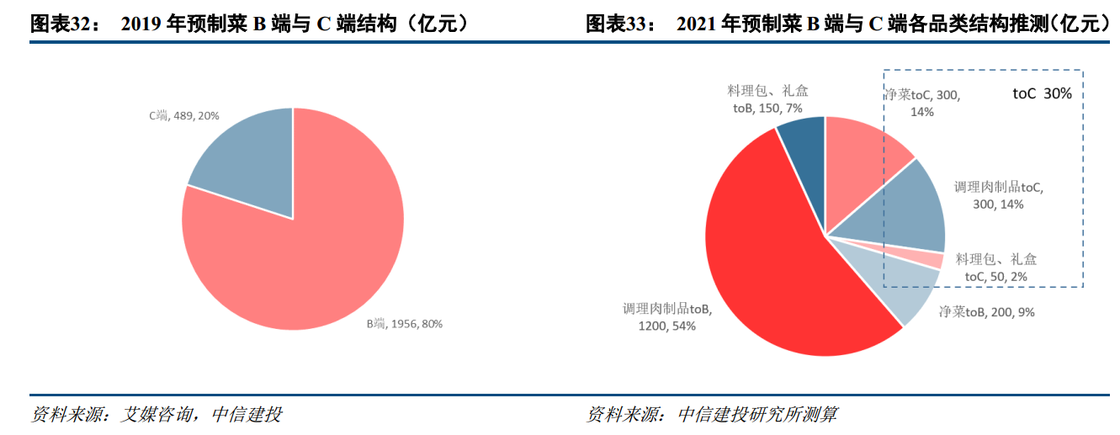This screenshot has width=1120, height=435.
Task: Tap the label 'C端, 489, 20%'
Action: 184,115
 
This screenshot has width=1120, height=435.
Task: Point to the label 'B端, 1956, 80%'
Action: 403,323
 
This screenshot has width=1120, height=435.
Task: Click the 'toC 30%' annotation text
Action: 1042,94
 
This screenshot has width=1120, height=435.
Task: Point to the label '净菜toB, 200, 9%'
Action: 986,312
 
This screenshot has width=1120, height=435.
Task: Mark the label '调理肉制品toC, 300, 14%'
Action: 1003,195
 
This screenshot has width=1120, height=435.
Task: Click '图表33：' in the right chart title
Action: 620,24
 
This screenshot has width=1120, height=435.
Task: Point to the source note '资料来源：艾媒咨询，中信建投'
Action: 156,415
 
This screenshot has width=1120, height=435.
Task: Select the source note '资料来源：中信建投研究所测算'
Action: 712,415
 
